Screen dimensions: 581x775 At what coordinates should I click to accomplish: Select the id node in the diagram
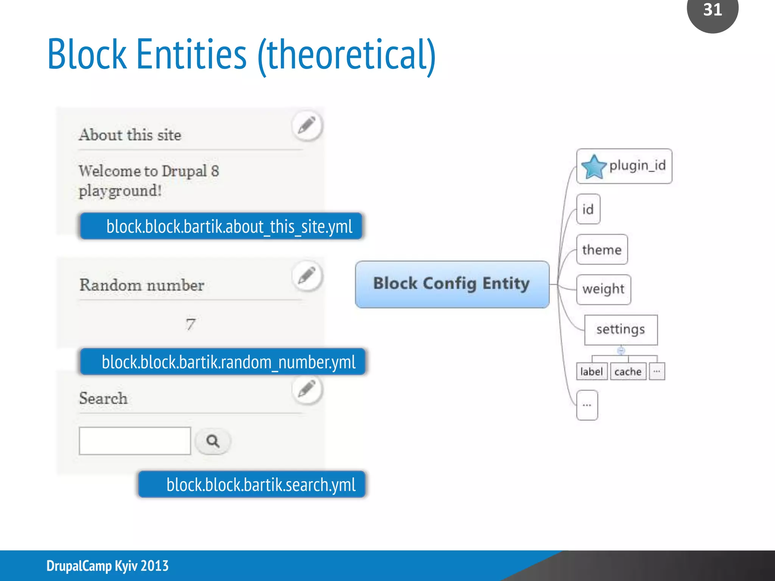pos(588,209)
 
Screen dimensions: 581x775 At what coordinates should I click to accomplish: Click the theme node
pos(602,250)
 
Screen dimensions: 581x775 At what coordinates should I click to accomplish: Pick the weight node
pos(603,289)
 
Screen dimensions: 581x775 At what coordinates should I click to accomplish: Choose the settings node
pos(621,329)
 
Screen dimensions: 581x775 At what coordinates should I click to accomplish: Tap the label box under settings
pos(591,371)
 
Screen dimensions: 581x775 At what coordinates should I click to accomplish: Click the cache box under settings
pos(628,371)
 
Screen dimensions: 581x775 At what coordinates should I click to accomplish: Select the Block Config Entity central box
pos(452,284)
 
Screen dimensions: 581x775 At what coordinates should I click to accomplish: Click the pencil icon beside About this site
pos(307,126)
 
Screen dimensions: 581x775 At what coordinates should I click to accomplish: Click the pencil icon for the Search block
pos(307,390)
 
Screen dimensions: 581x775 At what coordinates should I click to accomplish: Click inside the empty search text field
pos(135,441)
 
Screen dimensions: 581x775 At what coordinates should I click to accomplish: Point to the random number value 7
pos(190,324)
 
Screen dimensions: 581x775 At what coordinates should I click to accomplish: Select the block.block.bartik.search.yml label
pos(252,485)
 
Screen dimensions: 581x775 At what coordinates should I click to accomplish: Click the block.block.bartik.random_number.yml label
pos(223,362)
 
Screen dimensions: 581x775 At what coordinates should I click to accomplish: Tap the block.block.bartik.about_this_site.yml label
pos(221,226)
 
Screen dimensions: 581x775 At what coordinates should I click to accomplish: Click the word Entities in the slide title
pos(191,55)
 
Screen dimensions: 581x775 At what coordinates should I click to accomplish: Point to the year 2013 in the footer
pos(154,566)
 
